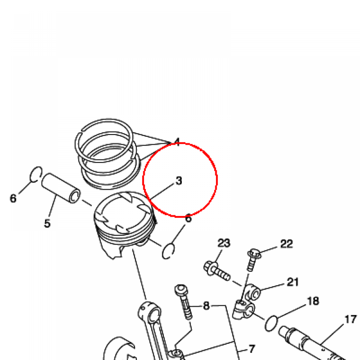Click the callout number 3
[x=179, y=181]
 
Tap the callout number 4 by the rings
[x=177, y=142]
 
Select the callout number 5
[x=47, y=223]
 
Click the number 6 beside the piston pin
[x=13, y=198]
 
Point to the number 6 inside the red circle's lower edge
[x=188, y=218]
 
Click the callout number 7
[x=252, y=349]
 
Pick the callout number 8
[x=206, y=306]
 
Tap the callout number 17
[x=351, y=319]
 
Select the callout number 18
[x=313, y=301]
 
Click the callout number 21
[x=293, y=282]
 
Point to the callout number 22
[x=287, y=244]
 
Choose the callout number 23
[x=224, y=243]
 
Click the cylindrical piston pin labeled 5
[x=61, y=188]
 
